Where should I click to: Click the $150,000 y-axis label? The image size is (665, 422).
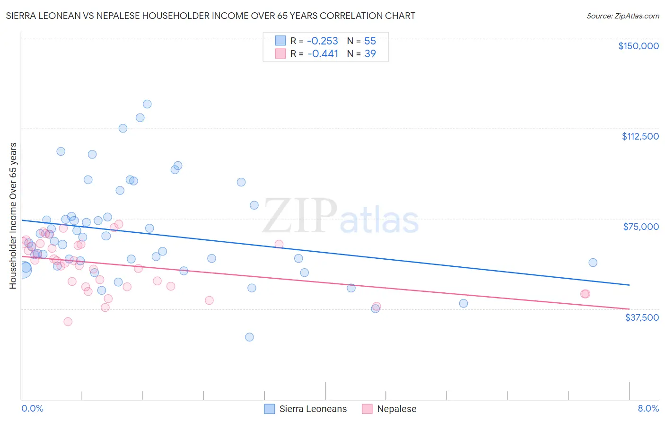coord(638,46)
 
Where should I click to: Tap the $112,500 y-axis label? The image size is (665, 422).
coord(640,136)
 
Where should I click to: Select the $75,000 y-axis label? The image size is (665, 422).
coord(641,227)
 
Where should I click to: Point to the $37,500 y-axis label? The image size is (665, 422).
coord(642,317)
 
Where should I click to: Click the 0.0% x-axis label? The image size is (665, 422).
coord(32,408)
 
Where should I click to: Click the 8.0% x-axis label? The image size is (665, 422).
coord(648,408)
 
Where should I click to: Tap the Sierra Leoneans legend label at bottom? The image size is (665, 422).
coord(313,409)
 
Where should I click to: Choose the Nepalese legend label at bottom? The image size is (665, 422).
coord(396,409)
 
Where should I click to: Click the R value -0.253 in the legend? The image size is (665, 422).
coord(323,41)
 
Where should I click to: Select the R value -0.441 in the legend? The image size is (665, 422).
coord(323,53)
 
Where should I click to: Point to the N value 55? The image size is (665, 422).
coord(370,41)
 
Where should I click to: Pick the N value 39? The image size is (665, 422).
coord(370,53)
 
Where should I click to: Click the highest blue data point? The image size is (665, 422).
coord(147,104)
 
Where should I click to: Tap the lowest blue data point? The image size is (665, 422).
coord(249,337)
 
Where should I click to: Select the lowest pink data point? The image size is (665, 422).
coord(68,322)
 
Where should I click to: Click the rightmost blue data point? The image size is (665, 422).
coord(593,263)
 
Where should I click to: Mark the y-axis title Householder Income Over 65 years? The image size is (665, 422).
coord(13,215)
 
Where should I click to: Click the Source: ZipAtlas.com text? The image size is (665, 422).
coord(622,16)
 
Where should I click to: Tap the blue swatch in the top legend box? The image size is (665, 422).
coord(280,41)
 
